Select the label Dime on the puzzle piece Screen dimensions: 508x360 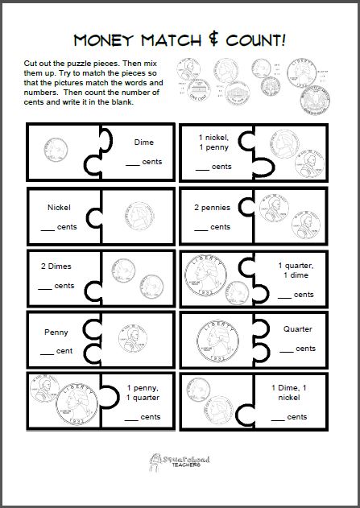[143, 142]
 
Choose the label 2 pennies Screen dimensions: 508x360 [212, 208]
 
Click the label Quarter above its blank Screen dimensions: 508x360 [298, 329]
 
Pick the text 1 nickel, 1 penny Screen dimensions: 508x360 [213, 143]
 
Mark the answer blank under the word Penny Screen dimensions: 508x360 [49, 351]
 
